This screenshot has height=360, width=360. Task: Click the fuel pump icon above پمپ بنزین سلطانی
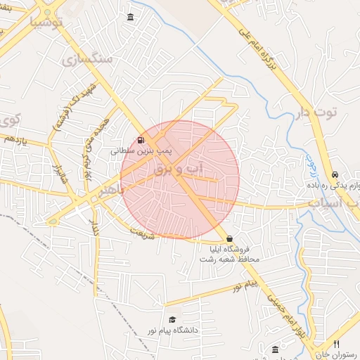(141, 140)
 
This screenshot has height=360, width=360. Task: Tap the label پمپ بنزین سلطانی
(141, 150)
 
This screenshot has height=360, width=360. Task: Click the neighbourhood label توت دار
(323, 112)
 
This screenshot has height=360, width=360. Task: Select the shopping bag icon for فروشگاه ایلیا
(230, 239)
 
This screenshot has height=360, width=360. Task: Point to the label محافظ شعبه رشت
(230, 259)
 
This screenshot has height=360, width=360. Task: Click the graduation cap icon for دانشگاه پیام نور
(172, 320)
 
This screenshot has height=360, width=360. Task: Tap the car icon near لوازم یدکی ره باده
(335, 174)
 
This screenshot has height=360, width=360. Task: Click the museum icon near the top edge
(130, 17)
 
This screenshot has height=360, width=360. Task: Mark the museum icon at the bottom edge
(275, 349)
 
